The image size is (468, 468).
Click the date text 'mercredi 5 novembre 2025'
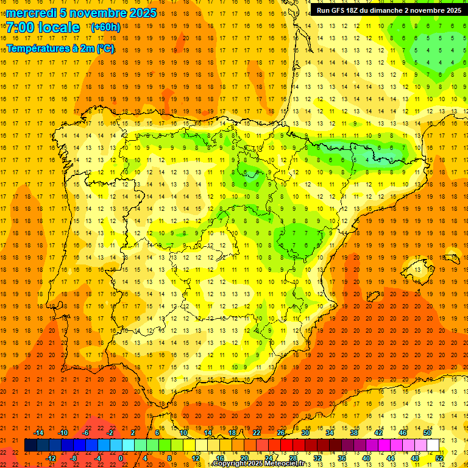[81, 13]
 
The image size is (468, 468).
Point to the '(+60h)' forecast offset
[105, 27]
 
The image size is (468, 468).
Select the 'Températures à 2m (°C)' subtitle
[60, 48]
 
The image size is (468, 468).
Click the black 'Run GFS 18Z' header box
[388, 10]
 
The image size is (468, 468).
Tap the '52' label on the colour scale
[439, 458]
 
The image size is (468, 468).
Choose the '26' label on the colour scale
[281, 432]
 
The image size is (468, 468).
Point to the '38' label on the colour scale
[354, 432]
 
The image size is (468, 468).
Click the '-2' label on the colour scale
[110, 432]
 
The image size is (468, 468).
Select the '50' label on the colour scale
[427, 432]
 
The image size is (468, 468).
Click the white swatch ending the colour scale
[433, 445]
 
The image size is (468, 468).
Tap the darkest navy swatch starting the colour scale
[30, 445]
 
